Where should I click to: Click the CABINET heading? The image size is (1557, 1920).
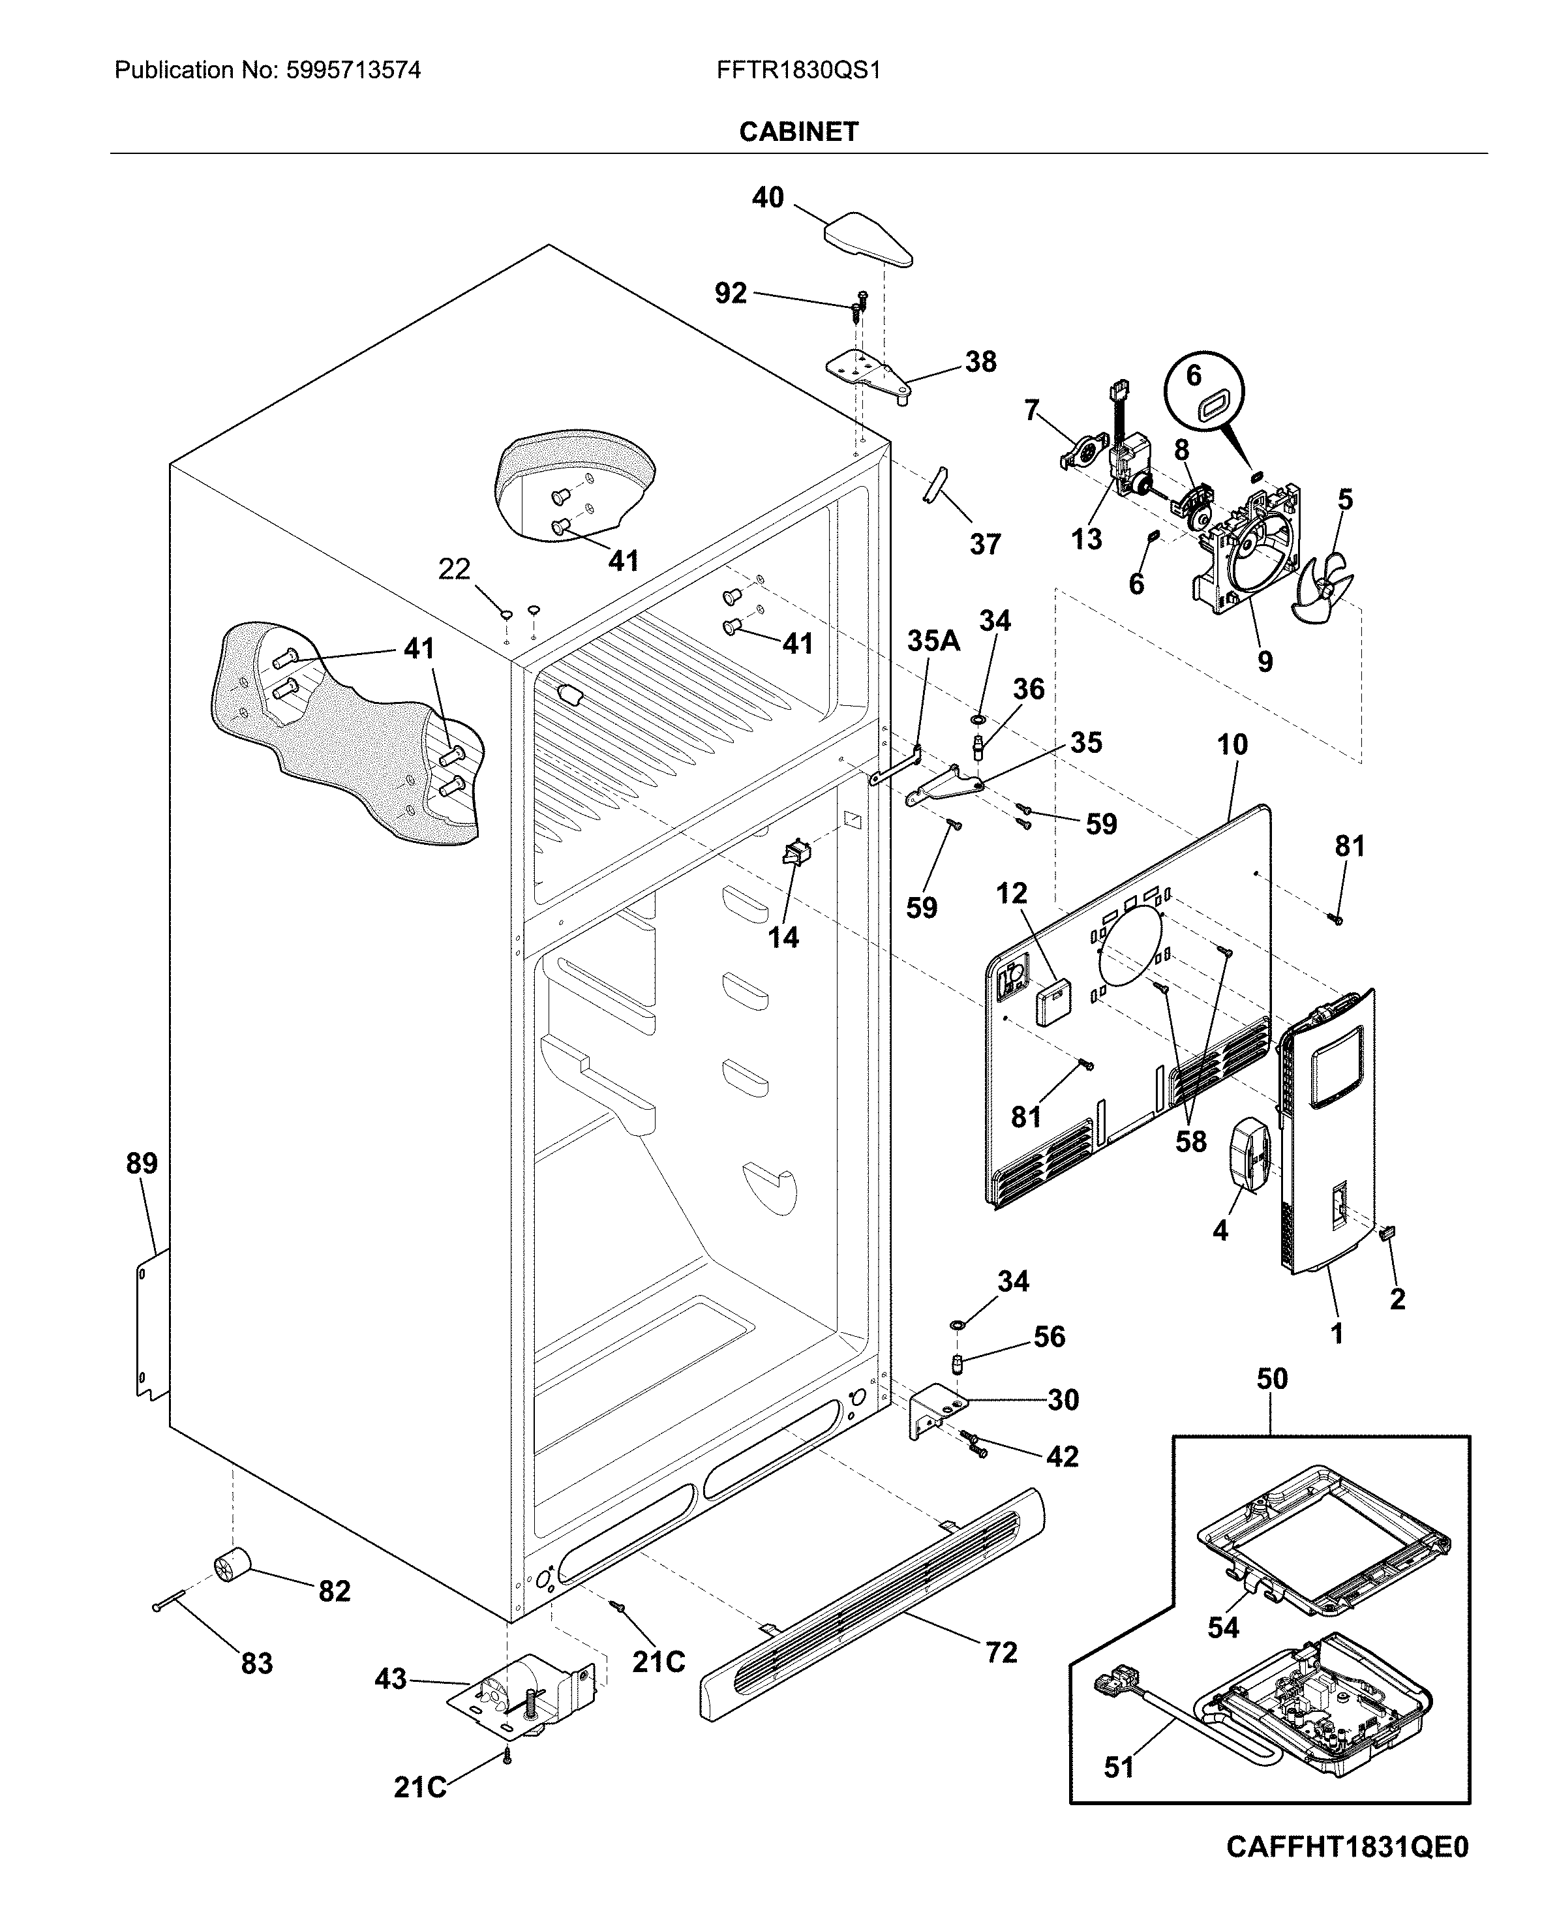[798, 132]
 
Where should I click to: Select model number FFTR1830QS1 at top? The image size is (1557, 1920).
[798, 70]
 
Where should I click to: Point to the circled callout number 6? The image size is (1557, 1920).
[1193, 375]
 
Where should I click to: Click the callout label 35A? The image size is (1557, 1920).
[933, 641]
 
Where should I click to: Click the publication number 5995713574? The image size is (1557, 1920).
[354, 70]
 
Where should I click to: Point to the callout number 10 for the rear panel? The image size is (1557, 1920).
[1232, 744]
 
